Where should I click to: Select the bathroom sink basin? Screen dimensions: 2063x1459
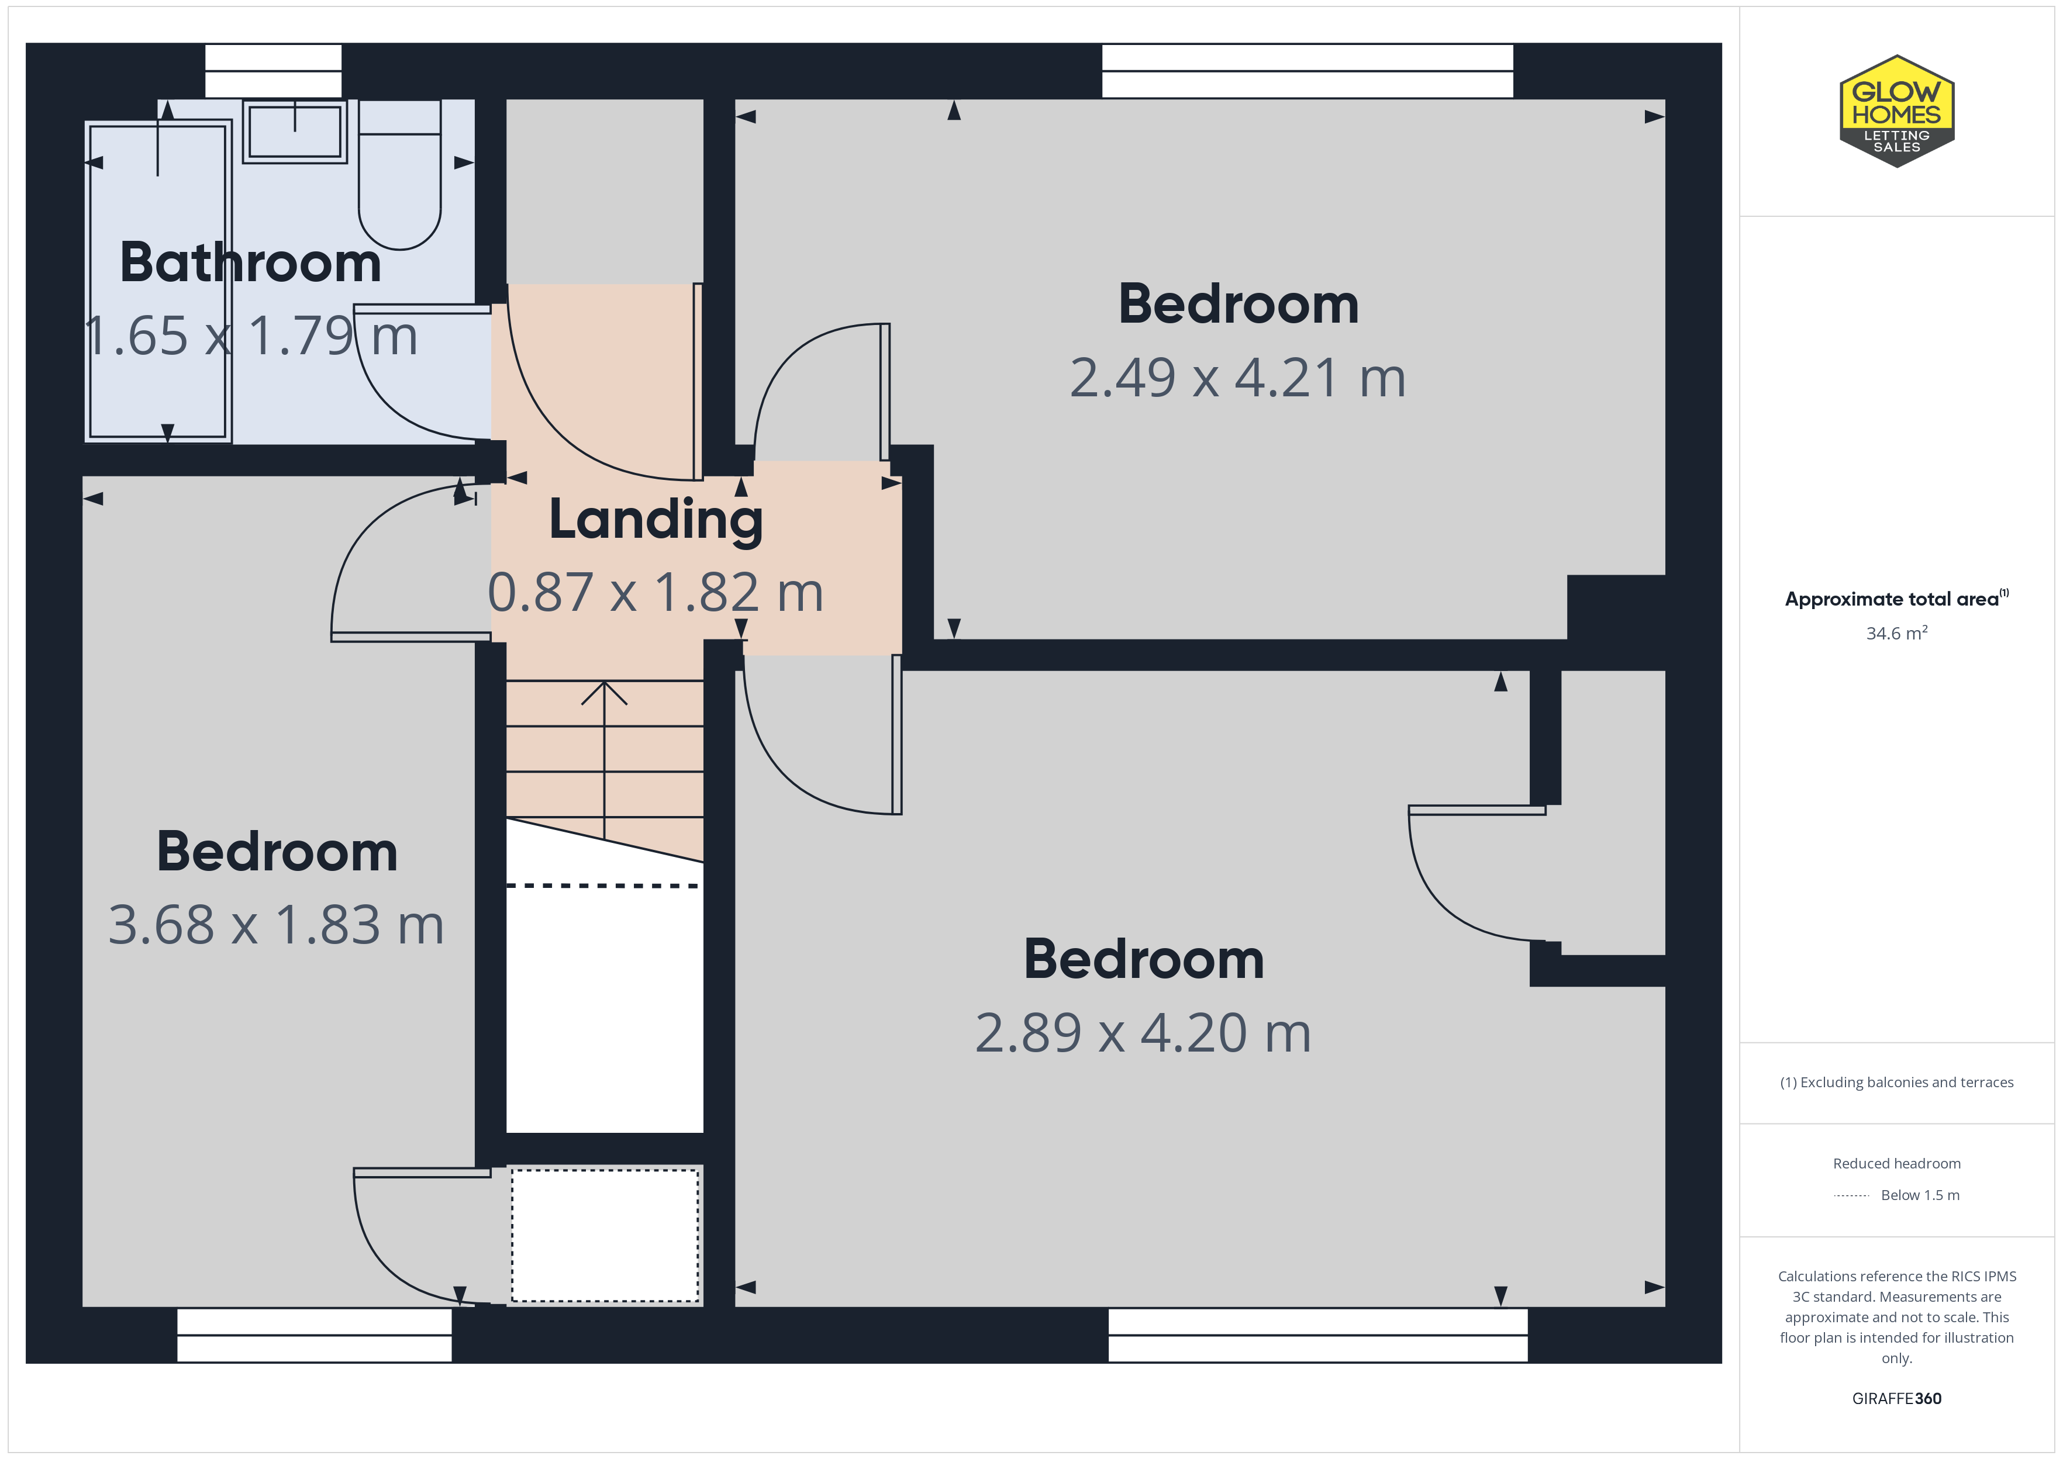[295, 131]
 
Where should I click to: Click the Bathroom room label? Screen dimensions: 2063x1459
[251, 262]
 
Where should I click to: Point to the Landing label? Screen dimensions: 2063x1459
[656, 520]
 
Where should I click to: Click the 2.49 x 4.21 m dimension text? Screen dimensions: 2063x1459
[1237, 378]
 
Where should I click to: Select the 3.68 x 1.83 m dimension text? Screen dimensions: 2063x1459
[277, 925]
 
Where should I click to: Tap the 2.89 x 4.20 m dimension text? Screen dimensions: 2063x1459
[1143, 1032]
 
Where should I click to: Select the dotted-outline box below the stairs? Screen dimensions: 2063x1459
[605, 1235]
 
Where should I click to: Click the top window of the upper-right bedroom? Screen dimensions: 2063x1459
[1308, 71]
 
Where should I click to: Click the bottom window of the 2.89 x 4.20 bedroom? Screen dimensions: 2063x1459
[1317, 1335]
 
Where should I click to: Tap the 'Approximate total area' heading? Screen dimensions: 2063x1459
[1896, 599]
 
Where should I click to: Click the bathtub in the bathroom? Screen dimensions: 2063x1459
[158, 281]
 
